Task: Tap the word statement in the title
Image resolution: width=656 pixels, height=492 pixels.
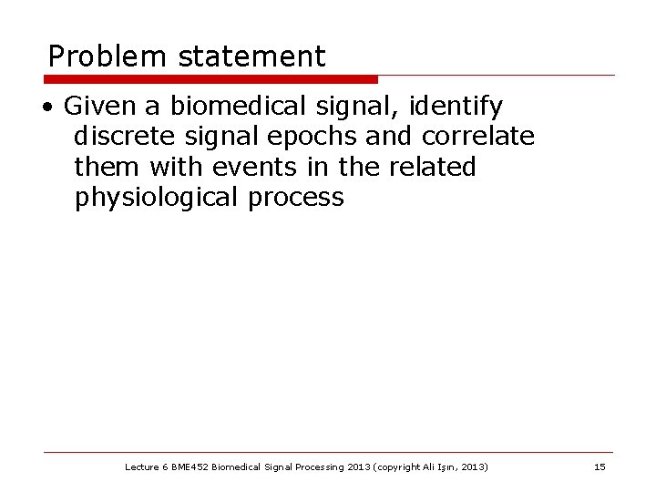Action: [x=251, y=57]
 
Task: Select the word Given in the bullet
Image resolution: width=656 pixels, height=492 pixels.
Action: [x=95, y=108]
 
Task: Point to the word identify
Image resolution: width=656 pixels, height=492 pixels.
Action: [x=456, y=108]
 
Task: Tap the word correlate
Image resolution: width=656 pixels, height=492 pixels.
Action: [x=477, y=137]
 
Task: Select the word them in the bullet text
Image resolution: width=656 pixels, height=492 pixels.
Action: [x=107, y=167]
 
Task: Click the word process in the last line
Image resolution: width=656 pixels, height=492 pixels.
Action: [x=297, y=198]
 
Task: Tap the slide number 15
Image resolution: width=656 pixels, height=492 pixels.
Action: [x=599, y=467]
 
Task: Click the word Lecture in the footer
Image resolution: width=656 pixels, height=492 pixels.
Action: [x=141, y=467]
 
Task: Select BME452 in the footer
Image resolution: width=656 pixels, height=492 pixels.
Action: [x=190, y=467]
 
